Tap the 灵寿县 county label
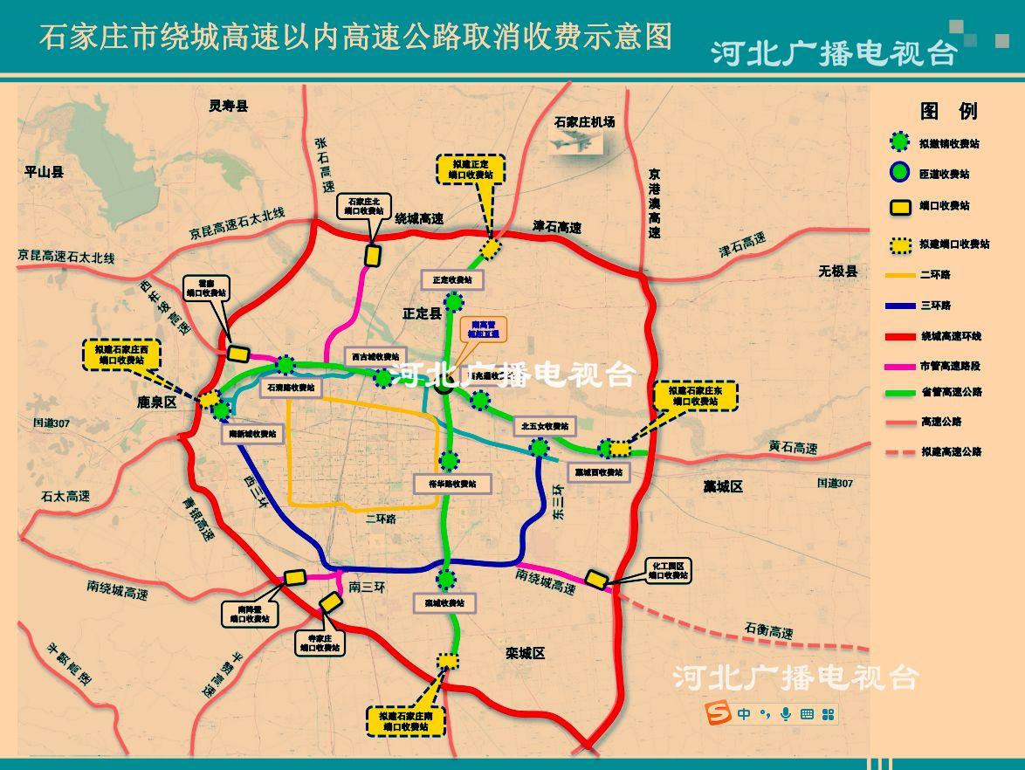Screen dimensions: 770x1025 [228, 106]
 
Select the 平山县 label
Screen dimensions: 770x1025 [44, 172]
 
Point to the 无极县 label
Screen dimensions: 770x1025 [837, 271]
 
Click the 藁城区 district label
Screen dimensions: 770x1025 [723, 486]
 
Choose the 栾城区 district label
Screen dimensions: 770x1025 [525, 652]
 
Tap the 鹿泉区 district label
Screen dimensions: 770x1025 [157, 402]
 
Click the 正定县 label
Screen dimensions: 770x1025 [422, 313]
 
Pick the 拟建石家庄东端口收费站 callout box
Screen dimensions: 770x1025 [696, 395]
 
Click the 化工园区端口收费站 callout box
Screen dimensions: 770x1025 [668, 570]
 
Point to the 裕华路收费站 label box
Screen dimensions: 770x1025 [452, 484]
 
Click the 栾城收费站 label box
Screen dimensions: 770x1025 [444, 602]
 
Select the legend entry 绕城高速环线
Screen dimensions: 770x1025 [951, 336]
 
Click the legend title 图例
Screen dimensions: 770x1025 [949, 111]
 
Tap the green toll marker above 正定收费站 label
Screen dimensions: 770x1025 [454, 303]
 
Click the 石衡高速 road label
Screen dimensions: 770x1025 [768, 630]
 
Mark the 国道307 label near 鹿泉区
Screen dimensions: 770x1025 [51, 423]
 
